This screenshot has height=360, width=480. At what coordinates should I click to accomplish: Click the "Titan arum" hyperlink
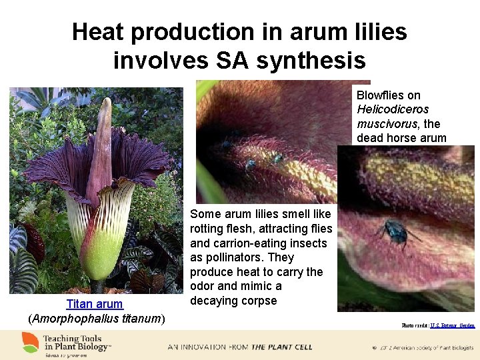point(95,304)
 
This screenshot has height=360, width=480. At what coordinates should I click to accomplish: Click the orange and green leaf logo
point(30,342)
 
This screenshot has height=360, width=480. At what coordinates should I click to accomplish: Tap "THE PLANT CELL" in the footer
point(273,347)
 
